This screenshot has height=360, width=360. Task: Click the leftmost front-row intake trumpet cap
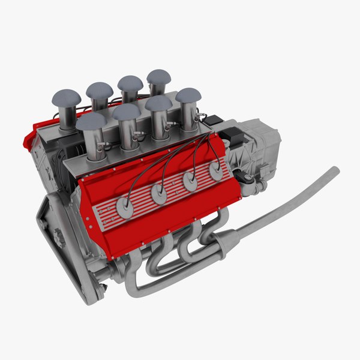(91, 121)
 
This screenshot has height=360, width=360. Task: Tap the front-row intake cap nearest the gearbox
(188, 95)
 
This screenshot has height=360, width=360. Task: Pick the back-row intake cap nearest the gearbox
(158, 77)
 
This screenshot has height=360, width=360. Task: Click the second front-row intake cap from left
(126, 112)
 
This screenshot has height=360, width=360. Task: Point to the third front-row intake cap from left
(158, 103)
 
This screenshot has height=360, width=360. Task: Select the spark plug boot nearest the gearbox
(215, 171)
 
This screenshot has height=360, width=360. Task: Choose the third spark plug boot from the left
(191, 182)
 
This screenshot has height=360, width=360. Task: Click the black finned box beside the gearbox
(230, 134)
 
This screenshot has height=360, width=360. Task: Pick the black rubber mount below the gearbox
(246, 179)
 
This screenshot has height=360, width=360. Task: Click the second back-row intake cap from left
(100, 90)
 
